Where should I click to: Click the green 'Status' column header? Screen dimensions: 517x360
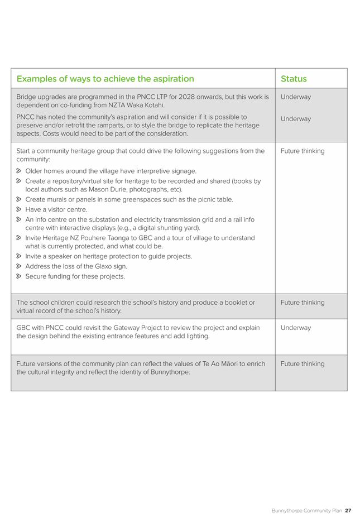pos(294,79)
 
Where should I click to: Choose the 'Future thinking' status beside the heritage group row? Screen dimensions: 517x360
pos(302,151)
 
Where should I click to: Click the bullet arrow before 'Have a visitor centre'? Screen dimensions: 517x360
pos(19,210)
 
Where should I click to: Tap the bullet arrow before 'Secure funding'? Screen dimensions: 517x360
pos(19,276)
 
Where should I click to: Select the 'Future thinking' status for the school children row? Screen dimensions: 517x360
pos(302,303)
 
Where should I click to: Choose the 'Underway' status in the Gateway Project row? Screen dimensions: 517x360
pos(296,328)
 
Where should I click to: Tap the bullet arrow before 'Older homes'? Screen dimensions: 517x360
pos(19,171)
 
